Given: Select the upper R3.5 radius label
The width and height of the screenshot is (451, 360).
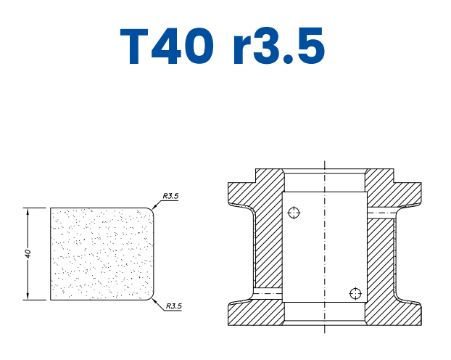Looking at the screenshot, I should (x=171, y=196).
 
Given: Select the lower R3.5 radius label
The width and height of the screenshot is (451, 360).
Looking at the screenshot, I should (x=173, y=306).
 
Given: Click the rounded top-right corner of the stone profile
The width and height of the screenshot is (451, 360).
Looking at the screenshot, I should (x=152, y=212).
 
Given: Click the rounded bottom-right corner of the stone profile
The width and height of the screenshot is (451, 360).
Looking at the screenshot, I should (x=152, y=296).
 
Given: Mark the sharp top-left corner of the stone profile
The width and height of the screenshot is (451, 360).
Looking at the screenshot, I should (x=50, y=209).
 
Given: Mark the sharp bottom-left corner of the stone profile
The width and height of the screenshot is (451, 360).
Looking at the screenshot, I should (x=50, y=299).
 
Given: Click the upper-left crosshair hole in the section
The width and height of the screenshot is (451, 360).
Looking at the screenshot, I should (x=293, y=213).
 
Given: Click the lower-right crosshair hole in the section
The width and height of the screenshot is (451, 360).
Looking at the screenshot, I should (x=355, y=293).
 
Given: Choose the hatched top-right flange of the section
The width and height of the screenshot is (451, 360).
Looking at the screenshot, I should (x=395, y=190).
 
